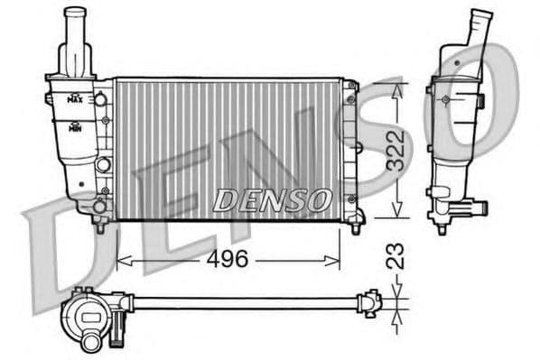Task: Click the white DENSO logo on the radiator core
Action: tap(272, 200)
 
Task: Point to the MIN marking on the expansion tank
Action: tap(77, 126)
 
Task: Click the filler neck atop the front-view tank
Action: tap(75, 36)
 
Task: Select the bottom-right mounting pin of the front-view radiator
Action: tap(358, 220)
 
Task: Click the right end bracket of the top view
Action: tap(370, 302)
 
